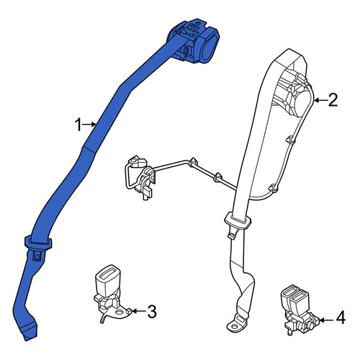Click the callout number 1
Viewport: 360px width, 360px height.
click(x=78, y=125)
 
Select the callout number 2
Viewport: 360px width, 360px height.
click(x=333, y=100)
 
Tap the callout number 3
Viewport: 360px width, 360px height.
click(x=152, y=311)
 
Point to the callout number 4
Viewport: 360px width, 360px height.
click(x=341, y=318)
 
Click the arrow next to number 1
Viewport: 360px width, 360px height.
click(x=90, y=125)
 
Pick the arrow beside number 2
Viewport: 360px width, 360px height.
click(x=320, y=100)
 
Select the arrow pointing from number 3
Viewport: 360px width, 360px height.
click(x=139, y=311)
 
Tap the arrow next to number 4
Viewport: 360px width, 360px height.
click(x=326, y=320)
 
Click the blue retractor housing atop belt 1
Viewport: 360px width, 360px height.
click(x=194, y=41)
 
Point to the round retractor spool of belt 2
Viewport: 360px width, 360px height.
click(x=303, y=104)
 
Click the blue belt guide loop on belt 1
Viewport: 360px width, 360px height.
click(x=38, y=243)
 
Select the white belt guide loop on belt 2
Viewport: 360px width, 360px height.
click(x=237, y=220)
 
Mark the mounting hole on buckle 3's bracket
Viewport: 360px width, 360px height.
click(x=119, y=312)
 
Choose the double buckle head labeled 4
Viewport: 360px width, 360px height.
click(x=294, y=299)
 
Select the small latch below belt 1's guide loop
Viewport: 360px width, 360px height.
click(x=37, y=256)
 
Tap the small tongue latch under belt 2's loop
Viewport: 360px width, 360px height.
click(x=232, y=234)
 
